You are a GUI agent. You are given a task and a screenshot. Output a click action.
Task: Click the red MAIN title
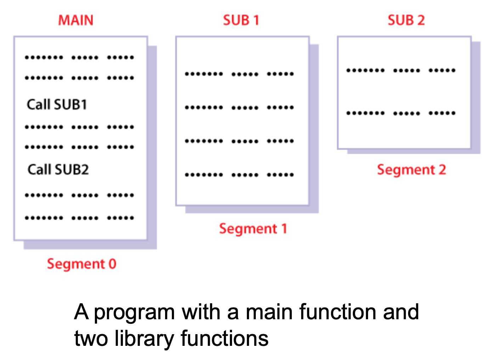click(x=75, y=20)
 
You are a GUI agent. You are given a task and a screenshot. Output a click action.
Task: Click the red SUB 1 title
click(x=241, y=20)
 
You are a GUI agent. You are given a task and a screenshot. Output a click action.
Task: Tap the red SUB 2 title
click(x=406, y=20)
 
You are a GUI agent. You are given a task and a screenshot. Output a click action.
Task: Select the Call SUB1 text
click(x=57, y=105)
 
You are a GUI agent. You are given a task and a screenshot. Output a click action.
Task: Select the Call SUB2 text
click(x=58, y=170)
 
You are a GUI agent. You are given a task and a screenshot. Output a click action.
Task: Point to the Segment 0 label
click(x=81, y=264)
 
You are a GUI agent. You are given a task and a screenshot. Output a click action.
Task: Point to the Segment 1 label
click(x=253, y=229)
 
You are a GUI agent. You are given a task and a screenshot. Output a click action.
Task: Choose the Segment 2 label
click(x=411, y=170)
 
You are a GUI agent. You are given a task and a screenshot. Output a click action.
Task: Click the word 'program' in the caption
click(x=134, y=313)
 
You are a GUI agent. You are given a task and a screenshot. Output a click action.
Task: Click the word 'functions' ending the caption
click(x=224, y=338)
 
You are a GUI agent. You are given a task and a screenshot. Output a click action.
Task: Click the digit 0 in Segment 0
click(x=112, y=264)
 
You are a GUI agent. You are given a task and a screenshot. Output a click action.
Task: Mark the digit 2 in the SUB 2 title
click(x=421, y=20)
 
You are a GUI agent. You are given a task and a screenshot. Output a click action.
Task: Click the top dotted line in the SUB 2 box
click(x=401, y=71)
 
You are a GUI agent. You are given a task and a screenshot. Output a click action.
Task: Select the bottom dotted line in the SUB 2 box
click(x=401, y=113)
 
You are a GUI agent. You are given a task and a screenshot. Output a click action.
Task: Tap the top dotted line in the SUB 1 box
click(x=239, y=74)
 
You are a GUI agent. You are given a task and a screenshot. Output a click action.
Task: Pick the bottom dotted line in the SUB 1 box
click(x=239, y=175)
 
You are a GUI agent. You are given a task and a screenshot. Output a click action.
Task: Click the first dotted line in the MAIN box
click(x=79, y=57)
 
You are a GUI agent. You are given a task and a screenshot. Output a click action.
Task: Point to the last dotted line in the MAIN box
click(x=79, y=218)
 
